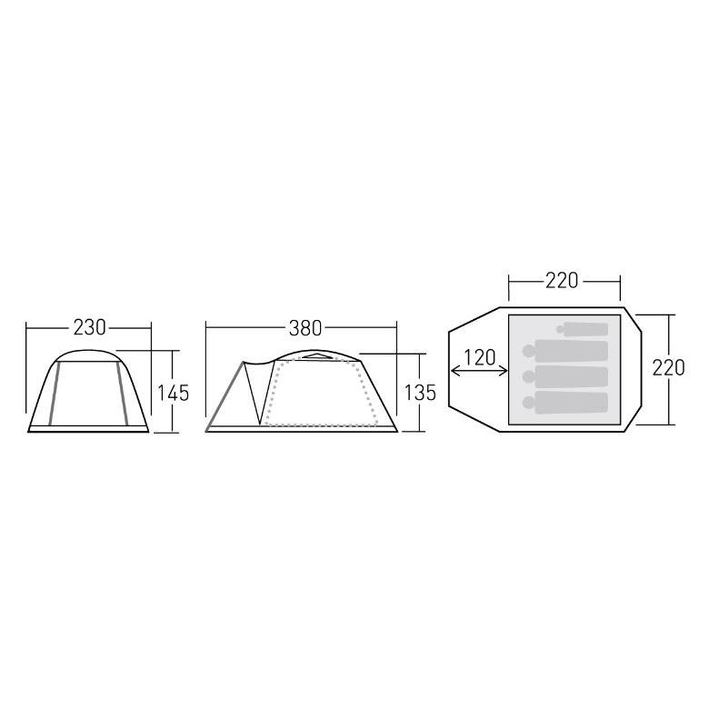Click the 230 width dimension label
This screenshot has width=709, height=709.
point(89,328)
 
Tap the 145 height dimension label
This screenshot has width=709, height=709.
point(173,393)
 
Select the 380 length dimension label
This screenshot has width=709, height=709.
point(305,328)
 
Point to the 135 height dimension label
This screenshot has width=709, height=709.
point(420,393)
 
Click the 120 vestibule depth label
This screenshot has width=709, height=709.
point(480,357)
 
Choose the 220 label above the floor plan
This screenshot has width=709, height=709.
point(562,281)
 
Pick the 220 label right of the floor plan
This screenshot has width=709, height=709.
point(668,368)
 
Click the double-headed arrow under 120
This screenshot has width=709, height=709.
point(479,371)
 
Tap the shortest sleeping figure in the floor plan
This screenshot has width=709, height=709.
point(583,330)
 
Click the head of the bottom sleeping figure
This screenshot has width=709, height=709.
point(528,403)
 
